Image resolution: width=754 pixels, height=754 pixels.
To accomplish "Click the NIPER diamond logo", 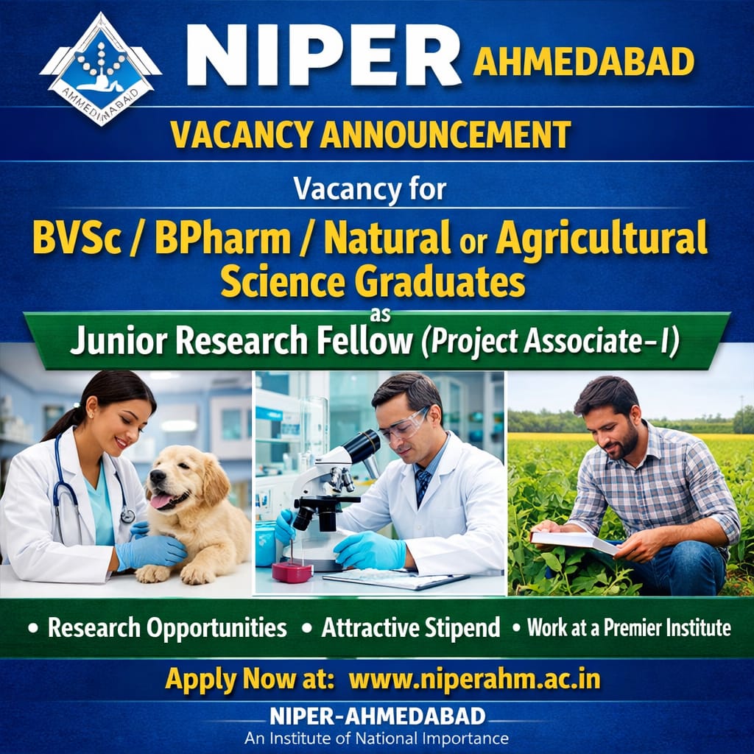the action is coord(100,70).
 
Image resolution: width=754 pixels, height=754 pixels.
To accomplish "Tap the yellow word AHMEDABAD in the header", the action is coord(584,62).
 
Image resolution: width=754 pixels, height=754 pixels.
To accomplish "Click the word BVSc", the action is coord(77,238).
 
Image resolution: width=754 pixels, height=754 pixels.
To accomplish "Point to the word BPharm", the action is coord(222,238).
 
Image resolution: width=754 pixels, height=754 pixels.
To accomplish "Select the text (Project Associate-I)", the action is coord(551,342).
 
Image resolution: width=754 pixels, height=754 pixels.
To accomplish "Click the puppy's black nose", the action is coord(158,476).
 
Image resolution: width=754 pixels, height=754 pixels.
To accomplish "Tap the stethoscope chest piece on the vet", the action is coord(127,516).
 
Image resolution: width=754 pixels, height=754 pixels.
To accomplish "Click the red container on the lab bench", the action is coord(292,572).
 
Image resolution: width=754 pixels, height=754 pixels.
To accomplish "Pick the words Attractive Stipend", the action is coord(411,627).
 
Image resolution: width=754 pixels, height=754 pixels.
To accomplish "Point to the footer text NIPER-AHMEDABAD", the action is coord(378,716).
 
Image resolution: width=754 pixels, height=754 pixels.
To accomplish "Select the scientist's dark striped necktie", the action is coord(422,485).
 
